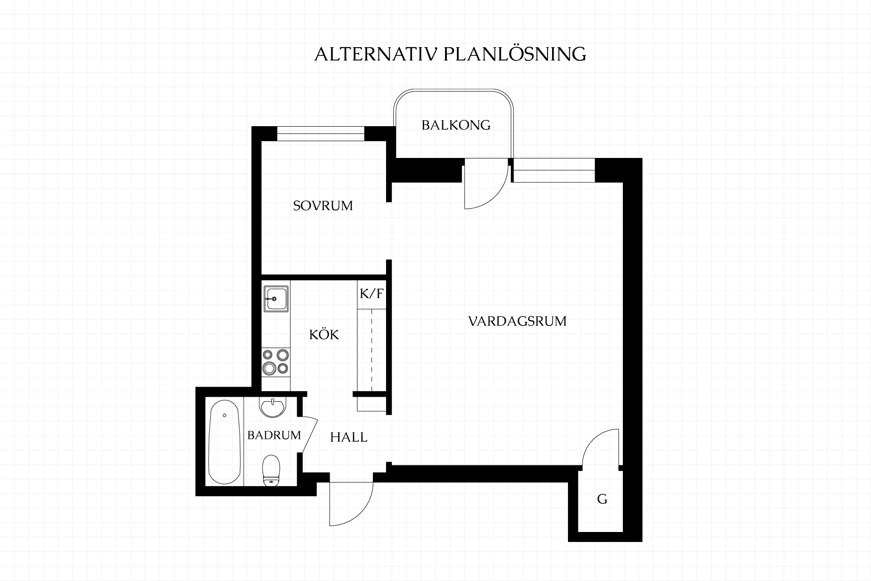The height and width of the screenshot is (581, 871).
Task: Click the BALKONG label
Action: (x=456, y=125)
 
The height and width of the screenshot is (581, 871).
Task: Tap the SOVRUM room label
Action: (x=323, y=206)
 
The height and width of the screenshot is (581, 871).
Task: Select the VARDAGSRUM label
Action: (x=517, y=321)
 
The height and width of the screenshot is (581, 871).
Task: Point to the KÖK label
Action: (x=324, y=335)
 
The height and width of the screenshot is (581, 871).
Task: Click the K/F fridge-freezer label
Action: (x=372, y=294)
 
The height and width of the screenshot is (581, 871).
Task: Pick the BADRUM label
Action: (x=274, y=435)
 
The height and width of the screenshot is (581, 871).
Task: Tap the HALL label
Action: (x=348, y=437)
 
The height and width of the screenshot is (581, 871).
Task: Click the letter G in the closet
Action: (x=602, y=499)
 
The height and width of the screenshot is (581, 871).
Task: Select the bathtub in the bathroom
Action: (x=224, y=442)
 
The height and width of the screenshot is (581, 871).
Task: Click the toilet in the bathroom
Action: (x=271, y=470)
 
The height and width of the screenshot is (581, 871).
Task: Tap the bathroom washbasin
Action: (x=273, y=406)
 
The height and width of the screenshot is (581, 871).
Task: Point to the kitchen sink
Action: (x=276, y=299)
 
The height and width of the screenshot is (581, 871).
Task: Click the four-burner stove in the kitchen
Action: (x=276, y=362)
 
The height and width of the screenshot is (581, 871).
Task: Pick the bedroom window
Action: (x=321, y=134)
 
